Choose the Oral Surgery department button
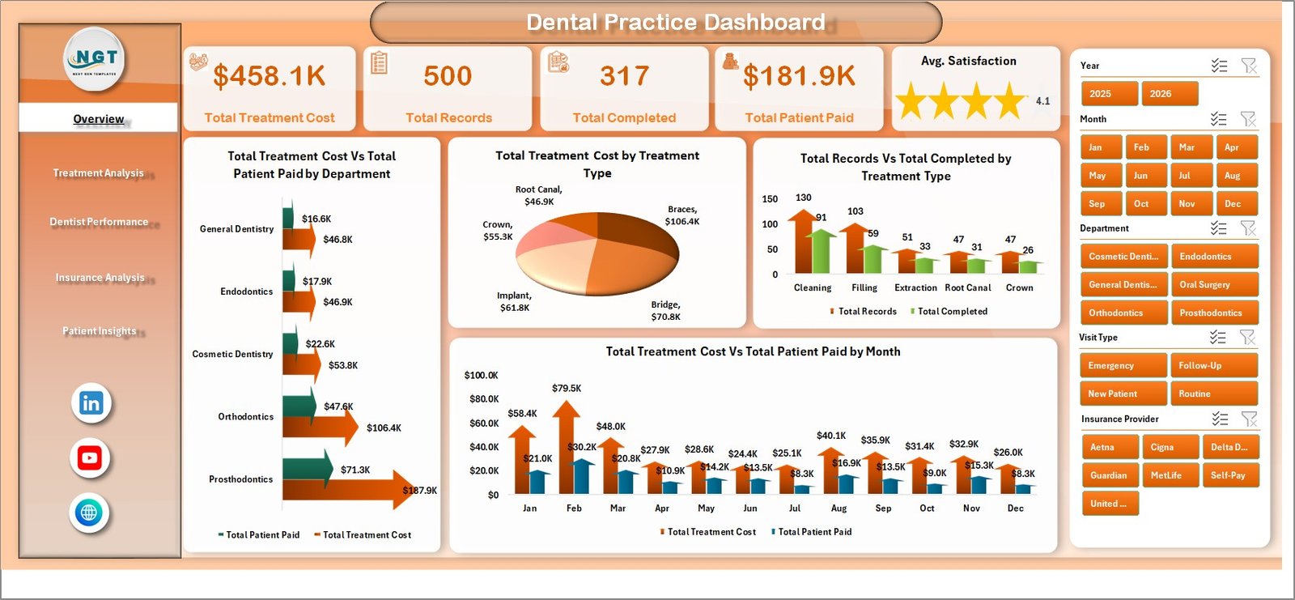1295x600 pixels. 1214,285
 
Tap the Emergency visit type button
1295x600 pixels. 1122,366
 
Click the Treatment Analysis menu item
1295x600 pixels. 99,173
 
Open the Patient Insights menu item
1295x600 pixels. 100,331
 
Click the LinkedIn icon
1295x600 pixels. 91,403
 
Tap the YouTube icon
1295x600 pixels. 90,458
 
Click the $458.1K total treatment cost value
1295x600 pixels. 270,76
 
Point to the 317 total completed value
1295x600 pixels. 624,76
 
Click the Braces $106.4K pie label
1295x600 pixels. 681,215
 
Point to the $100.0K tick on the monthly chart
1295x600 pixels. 481,376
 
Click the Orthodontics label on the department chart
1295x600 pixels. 245,417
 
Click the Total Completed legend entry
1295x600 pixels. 951,312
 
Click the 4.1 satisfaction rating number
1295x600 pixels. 1042,101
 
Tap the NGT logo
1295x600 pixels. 95,58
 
